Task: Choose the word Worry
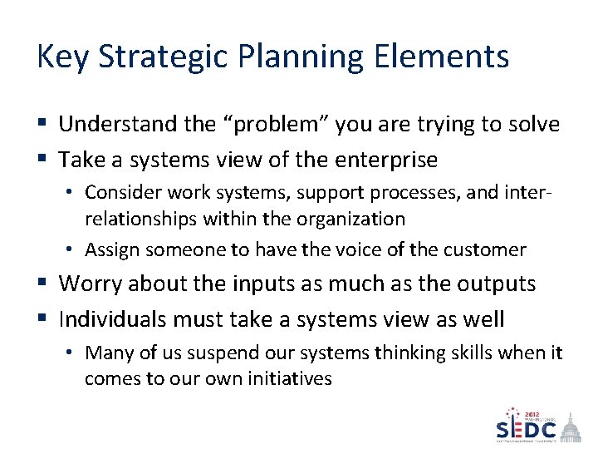(x=91, y=284)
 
